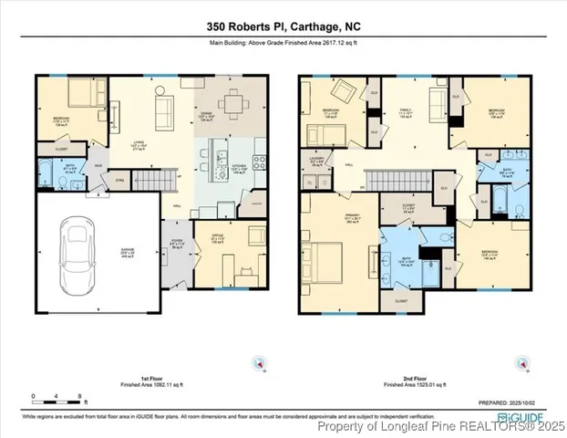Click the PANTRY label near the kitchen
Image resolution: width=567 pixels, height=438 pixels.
point(257,201)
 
